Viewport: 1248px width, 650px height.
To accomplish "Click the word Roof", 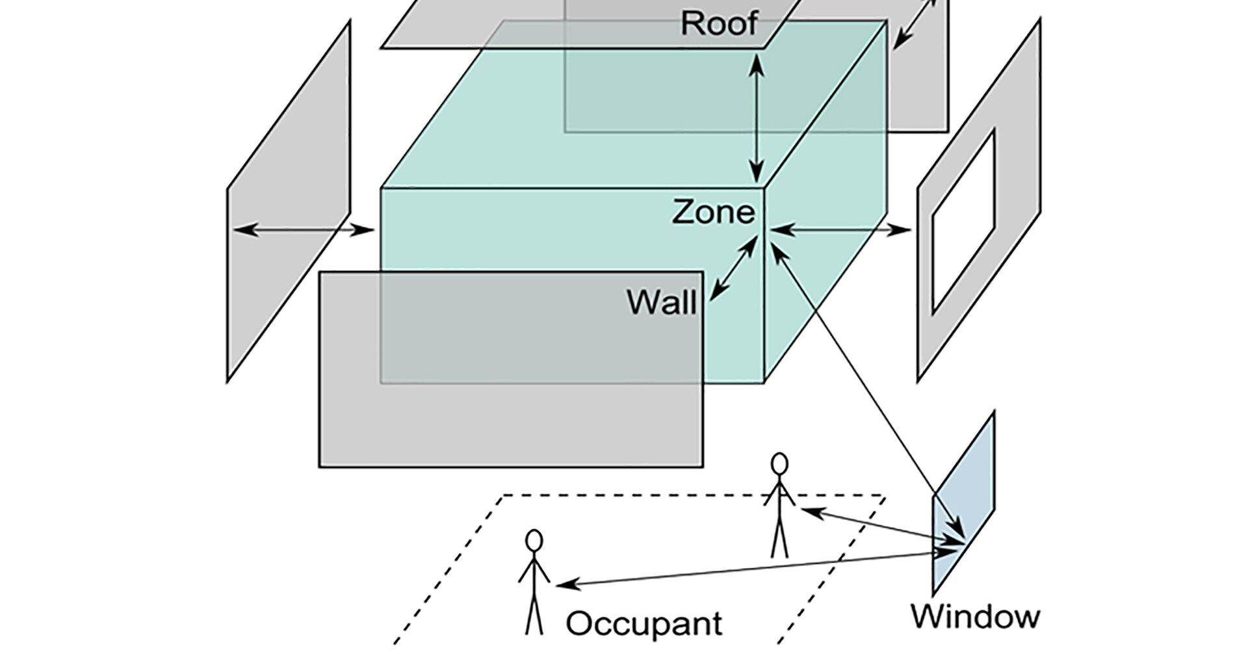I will (719, 23).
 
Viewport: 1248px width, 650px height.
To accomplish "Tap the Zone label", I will (713, 213).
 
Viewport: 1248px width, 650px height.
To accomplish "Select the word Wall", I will (662, 302).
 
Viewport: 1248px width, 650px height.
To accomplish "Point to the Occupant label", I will (643, 623).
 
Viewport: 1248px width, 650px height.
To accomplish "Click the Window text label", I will (975, 616).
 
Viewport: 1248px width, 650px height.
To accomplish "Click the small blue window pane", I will (964, 500).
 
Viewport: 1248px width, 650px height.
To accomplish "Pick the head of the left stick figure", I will (534, 541).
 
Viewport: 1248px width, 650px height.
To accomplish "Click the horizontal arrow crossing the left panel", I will (303, 229).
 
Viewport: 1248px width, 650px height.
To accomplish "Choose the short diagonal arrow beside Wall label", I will (733, 268).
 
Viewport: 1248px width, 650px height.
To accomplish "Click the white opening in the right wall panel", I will (964, 222).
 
